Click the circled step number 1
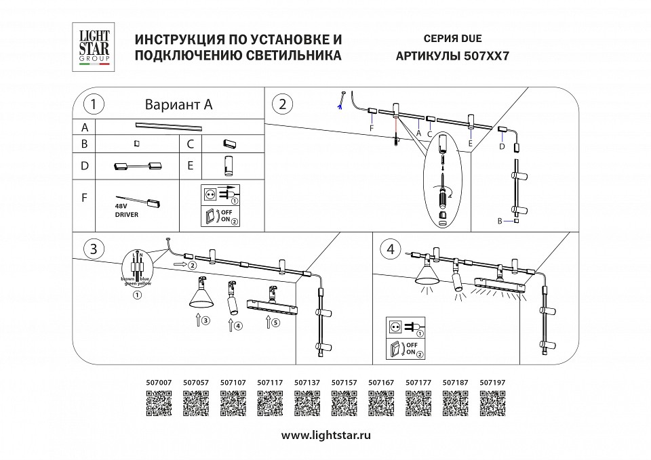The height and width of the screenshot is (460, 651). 93,104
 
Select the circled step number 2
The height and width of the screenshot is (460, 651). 282,104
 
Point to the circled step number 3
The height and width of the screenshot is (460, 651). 93,249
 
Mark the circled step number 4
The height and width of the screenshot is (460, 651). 390,249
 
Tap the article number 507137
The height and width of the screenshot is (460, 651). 307,382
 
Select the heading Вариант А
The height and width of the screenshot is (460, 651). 179,104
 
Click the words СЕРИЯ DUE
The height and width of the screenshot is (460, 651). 452,39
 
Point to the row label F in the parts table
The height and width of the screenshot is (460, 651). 84,198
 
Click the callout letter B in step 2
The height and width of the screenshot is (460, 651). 500,221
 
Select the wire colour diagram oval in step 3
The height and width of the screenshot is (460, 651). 138,269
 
